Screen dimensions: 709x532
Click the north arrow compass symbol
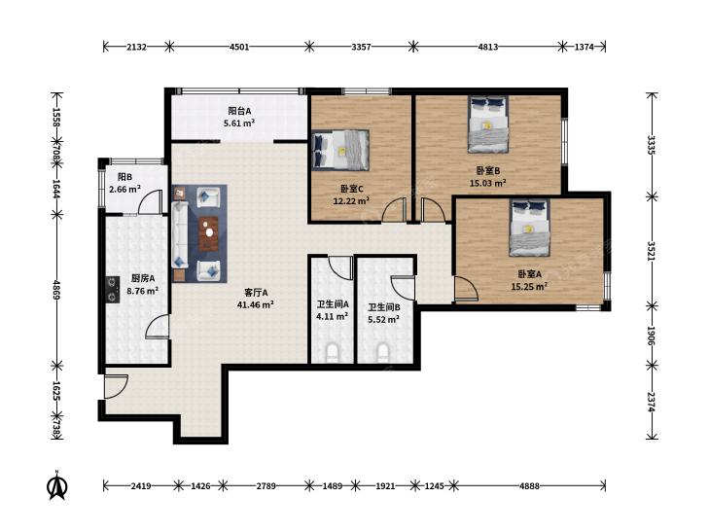pos(58,485)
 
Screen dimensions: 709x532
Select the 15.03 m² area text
pos(487,183)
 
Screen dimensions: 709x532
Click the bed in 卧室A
pos(529,228)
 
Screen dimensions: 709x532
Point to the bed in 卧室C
pos(340,150)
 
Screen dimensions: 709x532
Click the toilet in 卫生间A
pos(333,352)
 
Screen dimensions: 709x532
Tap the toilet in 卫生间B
pos(383,352)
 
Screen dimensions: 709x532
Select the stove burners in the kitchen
pos(112,290)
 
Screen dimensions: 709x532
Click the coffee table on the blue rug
pos(209,233)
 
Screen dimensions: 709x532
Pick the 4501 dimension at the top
pos(239,47)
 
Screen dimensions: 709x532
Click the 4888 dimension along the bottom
pos(529,486)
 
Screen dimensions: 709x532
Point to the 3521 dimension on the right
pos(651,251)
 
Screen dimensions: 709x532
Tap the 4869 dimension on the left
pos(56,289)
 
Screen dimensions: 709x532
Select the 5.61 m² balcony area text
pos(239,123)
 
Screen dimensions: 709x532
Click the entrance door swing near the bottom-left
pos(116,387)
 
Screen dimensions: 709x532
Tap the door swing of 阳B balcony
pos(151,202)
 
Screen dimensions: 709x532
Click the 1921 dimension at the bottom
pos(385,486)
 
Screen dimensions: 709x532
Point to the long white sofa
pos(180,235)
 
